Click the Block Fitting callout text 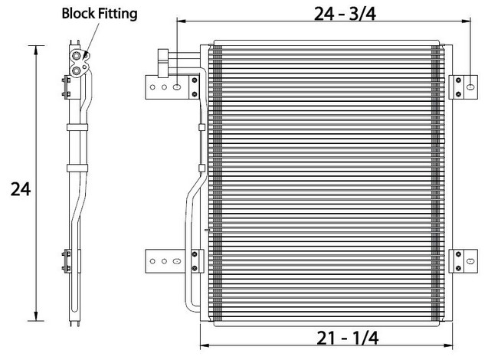pyautogui.click(x=100, y=14)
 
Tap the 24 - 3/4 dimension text pyautogui.click(x=345, y=14)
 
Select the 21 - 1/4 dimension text pyautogui.click(x=347, y=339)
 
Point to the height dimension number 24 pyautogui.click(x=21, y=189)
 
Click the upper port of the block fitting pyautogui.click(x=76, y=56)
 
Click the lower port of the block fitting pyautogui.click(x=76, y=71)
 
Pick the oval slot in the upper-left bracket pyautogui.click(x=176, y=87)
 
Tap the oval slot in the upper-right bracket pyautogui.click(x=470, y=87)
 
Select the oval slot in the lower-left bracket pyautogui.click(x=176, y=261)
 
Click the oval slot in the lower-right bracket pyautogui.click(x=470, y=261)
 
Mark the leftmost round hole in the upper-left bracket pyautogui.click(x=152, y=87)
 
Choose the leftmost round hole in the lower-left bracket pyautogui.click(x=152, y=261)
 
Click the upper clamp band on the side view pyautogui.click(x=77, y=127)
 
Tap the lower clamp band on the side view pyautogui.click(x=77, y=169)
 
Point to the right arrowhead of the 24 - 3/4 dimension pyautogui.click(x=467, y=21)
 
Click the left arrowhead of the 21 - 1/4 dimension pyautogui.click(x=204, y=345)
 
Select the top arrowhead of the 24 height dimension pyautogui.click(x=37, y=50)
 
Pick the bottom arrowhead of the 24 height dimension pyautogui.click(x=37, y=316)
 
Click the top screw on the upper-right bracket pyautogui.click(x=458, y=80)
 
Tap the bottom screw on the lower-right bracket pyautogui.click(x=458, y=268)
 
